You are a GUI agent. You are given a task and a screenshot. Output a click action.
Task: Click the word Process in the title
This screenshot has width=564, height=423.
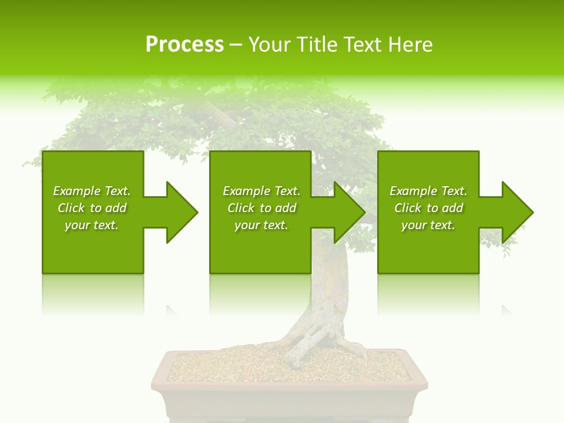click(184, 45)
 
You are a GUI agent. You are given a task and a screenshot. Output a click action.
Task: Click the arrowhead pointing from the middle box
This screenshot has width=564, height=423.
click(349, 212)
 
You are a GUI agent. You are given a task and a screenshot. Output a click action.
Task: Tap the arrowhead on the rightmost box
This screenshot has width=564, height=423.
click(517, 212)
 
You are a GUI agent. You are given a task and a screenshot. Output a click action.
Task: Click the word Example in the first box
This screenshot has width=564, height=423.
click(76, 191)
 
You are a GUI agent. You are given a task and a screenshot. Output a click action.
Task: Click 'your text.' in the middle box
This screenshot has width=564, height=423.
click(261, 225)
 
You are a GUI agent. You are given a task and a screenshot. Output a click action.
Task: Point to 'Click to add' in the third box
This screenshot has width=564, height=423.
click(428, 208)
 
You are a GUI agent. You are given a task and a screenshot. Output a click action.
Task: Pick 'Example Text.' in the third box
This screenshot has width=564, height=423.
click(428, 191)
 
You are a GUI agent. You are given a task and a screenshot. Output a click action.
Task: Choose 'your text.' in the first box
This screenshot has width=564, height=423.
click(92, 225)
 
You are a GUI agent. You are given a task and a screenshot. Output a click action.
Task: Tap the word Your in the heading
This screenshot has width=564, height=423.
click(270, 45)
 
